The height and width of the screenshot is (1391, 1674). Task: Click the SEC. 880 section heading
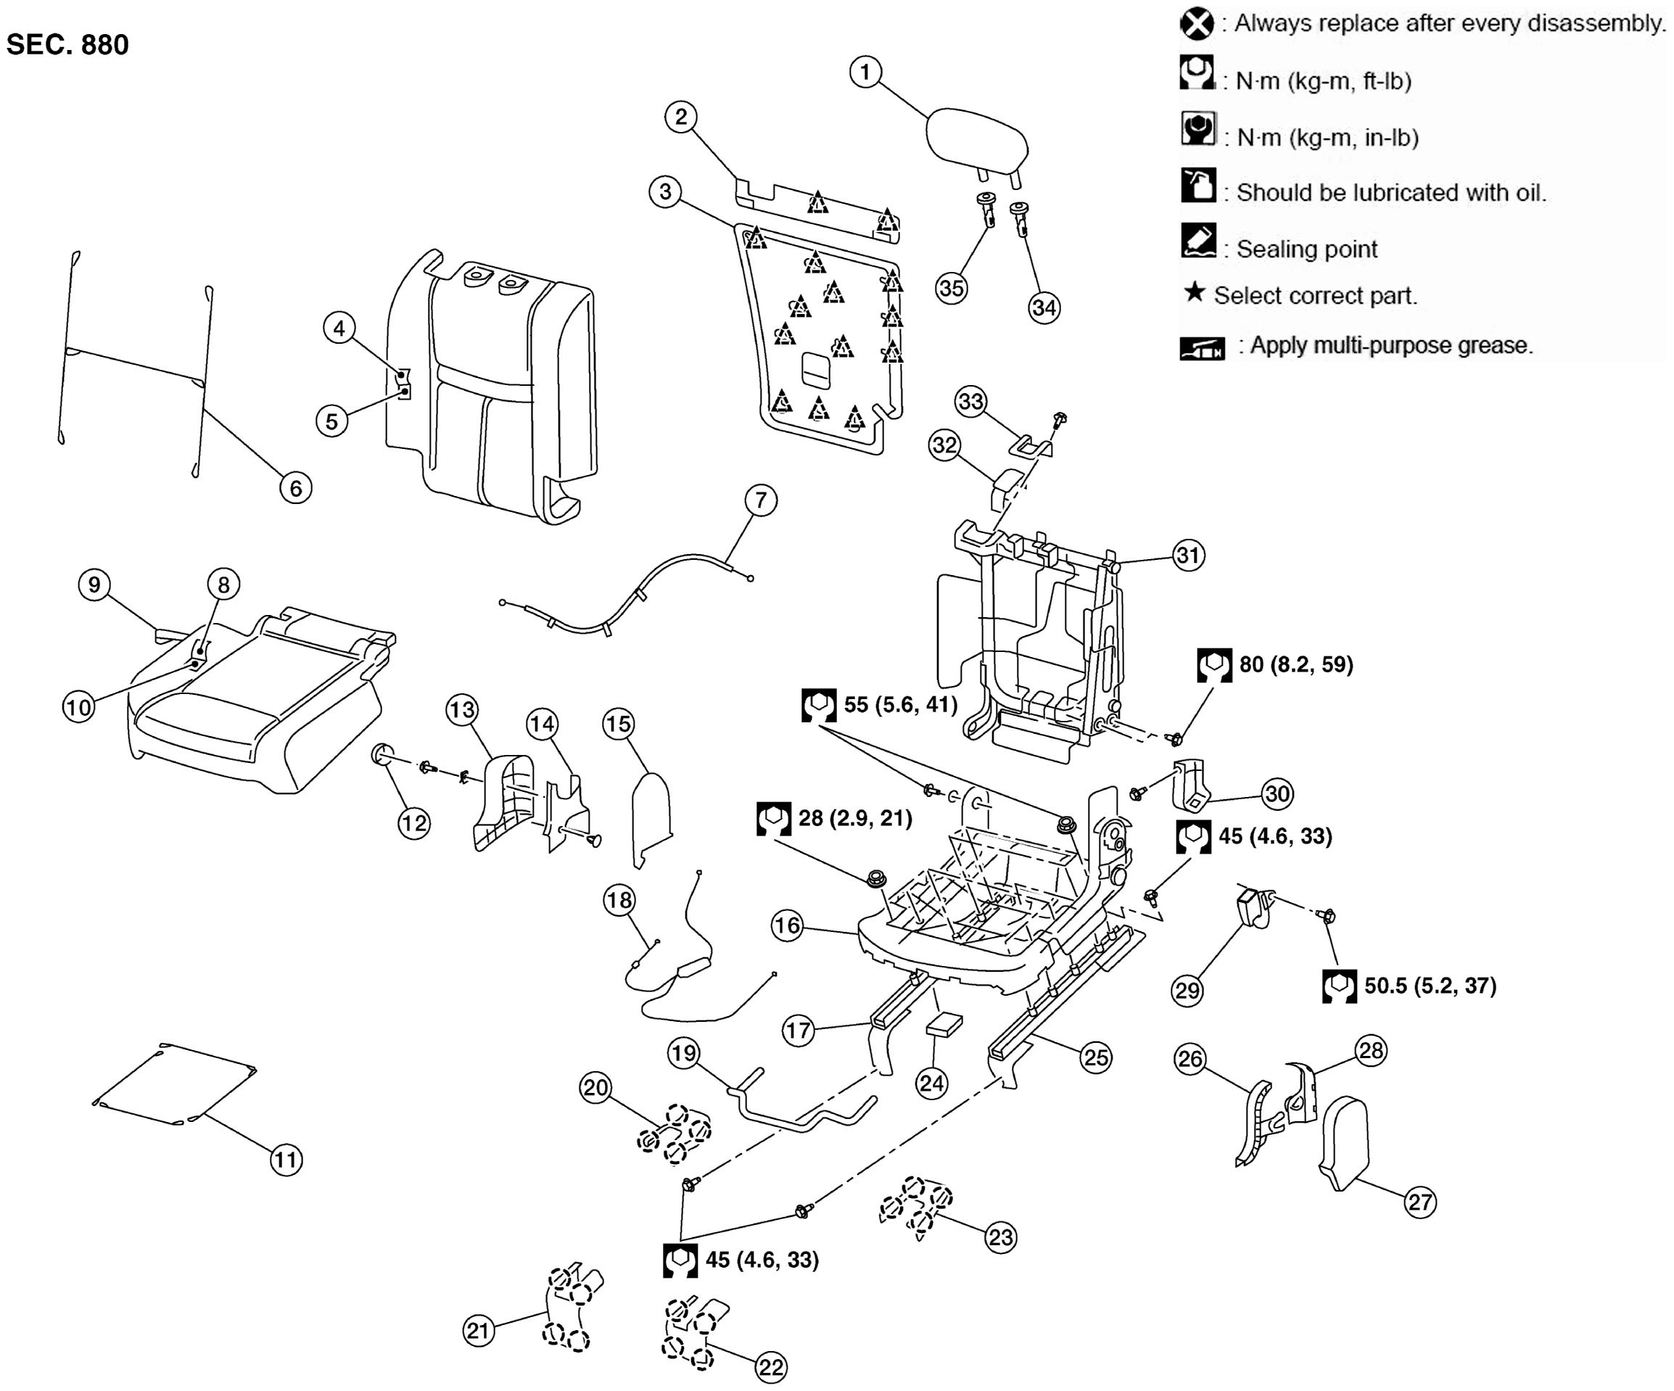(67, 45)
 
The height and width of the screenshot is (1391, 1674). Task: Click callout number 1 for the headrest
(865, 72)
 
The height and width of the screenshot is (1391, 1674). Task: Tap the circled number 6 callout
(296, 488)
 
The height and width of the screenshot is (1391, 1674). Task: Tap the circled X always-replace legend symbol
(1197, 24)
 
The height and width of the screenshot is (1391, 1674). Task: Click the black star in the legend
(1193, 292)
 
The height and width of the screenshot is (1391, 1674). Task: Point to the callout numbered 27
(1419, 1202)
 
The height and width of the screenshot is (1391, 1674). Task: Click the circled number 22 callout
(771, 1368)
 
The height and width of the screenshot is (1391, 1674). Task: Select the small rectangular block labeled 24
(944, 1024)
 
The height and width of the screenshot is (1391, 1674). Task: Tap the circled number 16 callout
(787, 925)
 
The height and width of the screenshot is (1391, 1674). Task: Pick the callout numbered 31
(1188, 555)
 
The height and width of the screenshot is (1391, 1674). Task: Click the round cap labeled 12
(384, 754)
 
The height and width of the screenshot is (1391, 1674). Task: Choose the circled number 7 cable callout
(760, 500)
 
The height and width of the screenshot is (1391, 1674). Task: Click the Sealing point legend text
(1306, 249)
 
